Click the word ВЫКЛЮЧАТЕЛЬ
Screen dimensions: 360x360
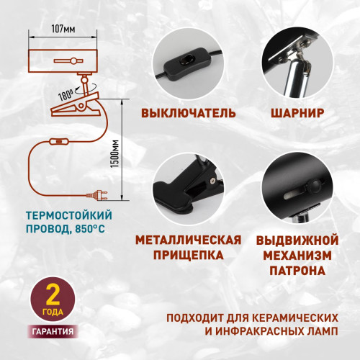tap(189, 114)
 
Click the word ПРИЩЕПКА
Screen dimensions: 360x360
tap(189, 255)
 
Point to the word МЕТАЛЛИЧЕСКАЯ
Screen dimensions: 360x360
tap(189, 239)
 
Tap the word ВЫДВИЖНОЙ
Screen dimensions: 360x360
tap(297, 239)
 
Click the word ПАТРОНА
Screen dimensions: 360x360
tap(297, 271)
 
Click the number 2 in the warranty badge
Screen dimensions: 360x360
tap(52, 296)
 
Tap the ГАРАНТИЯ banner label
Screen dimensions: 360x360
tap(52, 332)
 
